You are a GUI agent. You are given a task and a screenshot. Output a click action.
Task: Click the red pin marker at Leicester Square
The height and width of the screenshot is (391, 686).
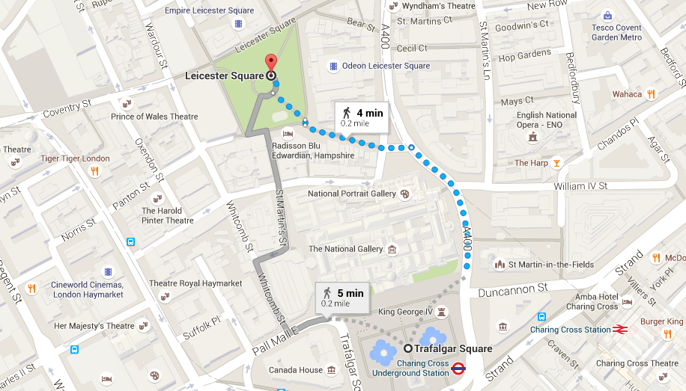(x=270, y=62)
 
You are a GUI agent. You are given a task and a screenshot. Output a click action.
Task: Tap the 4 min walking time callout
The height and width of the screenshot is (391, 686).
(x=362, y=116)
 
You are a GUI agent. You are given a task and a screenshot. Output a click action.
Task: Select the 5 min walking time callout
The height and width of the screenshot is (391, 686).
(x=342, y=297)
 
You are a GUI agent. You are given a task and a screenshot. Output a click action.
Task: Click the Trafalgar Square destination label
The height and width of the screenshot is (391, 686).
(x=454, y=348)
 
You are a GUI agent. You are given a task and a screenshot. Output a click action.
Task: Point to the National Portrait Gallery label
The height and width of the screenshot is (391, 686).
(x=352, y=194)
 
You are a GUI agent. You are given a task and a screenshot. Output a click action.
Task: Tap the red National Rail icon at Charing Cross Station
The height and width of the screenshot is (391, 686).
(x=619, y=329)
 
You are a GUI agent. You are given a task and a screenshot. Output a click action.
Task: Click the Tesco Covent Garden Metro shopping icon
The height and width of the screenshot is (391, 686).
(x=607, y=16)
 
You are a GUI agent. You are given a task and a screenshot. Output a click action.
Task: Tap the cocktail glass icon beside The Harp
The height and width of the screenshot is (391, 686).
(x=556, y=163)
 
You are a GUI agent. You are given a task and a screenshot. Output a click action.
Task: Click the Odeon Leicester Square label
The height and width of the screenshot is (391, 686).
(x=386, y=66)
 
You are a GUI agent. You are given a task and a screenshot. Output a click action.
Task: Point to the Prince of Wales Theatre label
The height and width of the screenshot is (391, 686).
(x=154, y=117)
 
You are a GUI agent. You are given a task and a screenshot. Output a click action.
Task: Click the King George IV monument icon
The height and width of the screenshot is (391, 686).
(x=441, y=311)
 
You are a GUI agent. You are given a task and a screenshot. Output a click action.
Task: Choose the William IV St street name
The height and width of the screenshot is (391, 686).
(x=580, y=185)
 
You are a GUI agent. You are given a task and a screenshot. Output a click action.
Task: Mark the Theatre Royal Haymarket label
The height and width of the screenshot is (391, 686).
(x=195, y=283)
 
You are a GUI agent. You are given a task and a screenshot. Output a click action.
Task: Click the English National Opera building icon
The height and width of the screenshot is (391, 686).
(x=532, y=138)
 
